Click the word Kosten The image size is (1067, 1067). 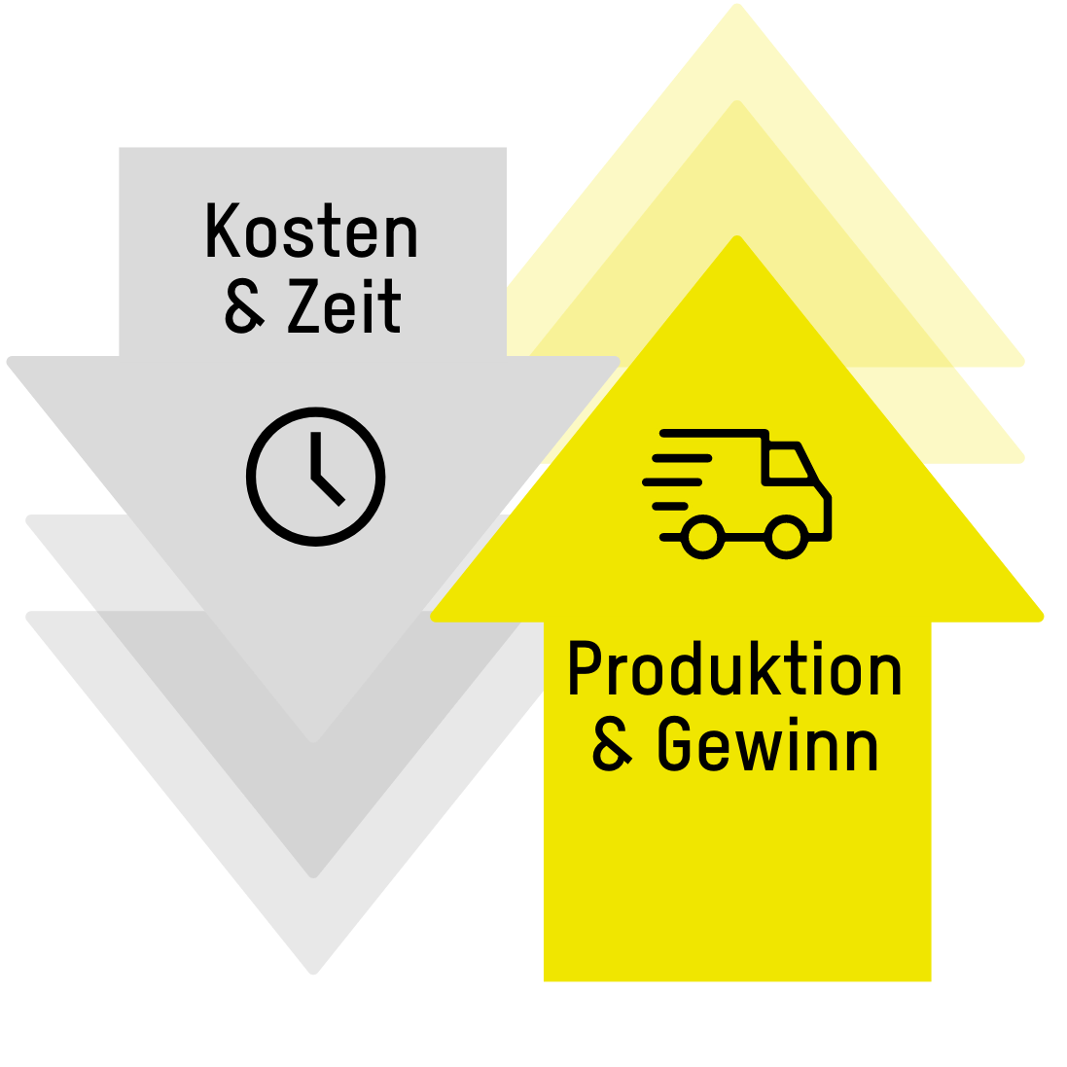point(311,231)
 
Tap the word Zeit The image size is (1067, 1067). point(344,305)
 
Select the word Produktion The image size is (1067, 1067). point(735,669)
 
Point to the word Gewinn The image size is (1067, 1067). point(767,744)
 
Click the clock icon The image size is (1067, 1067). point(316,477)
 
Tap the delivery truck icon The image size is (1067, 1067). point(737,494)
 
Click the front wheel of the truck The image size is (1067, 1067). point(786,537)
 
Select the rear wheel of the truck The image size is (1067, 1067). point(702,537)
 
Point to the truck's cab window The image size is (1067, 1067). point(788,463)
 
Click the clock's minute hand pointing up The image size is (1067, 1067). point(316,454)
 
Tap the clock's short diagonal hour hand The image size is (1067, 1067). point(329,490)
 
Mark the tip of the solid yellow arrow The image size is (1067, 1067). point(737,236)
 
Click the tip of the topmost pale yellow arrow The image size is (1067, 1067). point(737,5)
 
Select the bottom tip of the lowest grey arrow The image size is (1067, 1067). point(313,973)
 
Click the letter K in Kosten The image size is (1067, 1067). point(223,231)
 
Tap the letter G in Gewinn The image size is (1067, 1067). point(674,744)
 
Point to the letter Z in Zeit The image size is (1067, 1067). point(303,306)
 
